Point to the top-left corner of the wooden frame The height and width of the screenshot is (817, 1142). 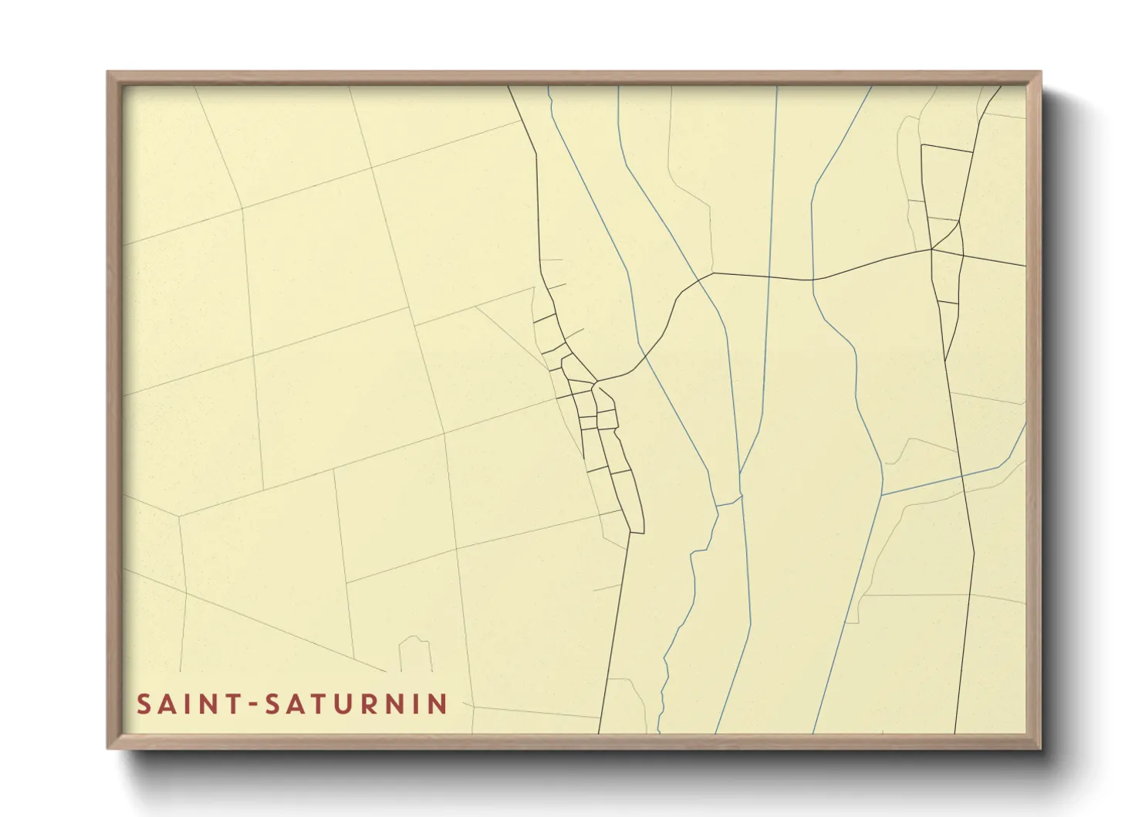(x=108, y=73)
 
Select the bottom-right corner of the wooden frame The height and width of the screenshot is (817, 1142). (x=1040, y=748)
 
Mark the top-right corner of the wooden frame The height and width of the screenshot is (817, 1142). (x=1040, y=73)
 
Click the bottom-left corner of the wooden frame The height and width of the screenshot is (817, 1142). (x=108, y=748)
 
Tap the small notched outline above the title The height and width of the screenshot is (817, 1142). (x=415, y=653)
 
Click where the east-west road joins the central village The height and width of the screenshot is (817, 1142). (x=596, y=381)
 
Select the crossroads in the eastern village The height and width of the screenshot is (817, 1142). (x=932, y=249)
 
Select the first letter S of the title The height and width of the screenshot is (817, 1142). (x=144, y=704)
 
